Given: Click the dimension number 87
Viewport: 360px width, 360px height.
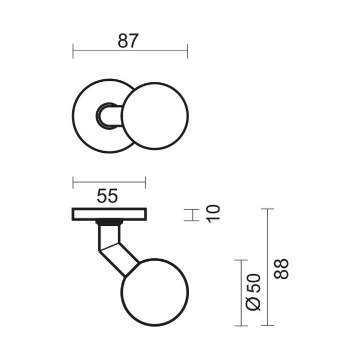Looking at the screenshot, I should (128, 41).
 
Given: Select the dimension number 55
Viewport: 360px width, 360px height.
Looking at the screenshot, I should (107, 196).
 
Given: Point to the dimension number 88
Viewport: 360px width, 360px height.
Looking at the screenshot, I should (282, 268).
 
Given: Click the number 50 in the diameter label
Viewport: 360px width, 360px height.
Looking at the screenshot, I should (255, 284).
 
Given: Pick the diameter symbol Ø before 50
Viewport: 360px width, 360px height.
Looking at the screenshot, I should (254, 303).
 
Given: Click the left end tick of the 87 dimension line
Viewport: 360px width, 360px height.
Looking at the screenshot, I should (73, 50).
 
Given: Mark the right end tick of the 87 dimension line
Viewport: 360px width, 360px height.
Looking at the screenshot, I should (188, 50).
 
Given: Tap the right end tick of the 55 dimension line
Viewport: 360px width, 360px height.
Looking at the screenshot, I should (146, 182).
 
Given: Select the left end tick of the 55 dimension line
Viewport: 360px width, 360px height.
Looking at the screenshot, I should (73, 182).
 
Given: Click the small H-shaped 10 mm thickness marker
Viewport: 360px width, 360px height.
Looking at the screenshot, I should (191, 215).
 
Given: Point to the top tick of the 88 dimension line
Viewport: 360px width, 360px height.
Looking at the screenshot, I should (267, 209).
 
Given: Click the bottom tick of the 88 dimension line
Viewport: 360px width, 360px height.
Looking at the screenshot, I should (267, 325).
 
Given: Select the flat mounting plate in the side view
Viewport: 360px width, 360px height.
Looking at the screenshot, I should (110, 214).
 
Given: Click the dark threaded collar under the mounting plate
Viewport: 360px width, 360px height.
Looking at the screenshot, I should (109, 223).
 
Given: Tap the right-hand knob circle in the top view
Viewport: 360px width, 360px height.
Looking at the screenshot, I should (155, 115).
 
